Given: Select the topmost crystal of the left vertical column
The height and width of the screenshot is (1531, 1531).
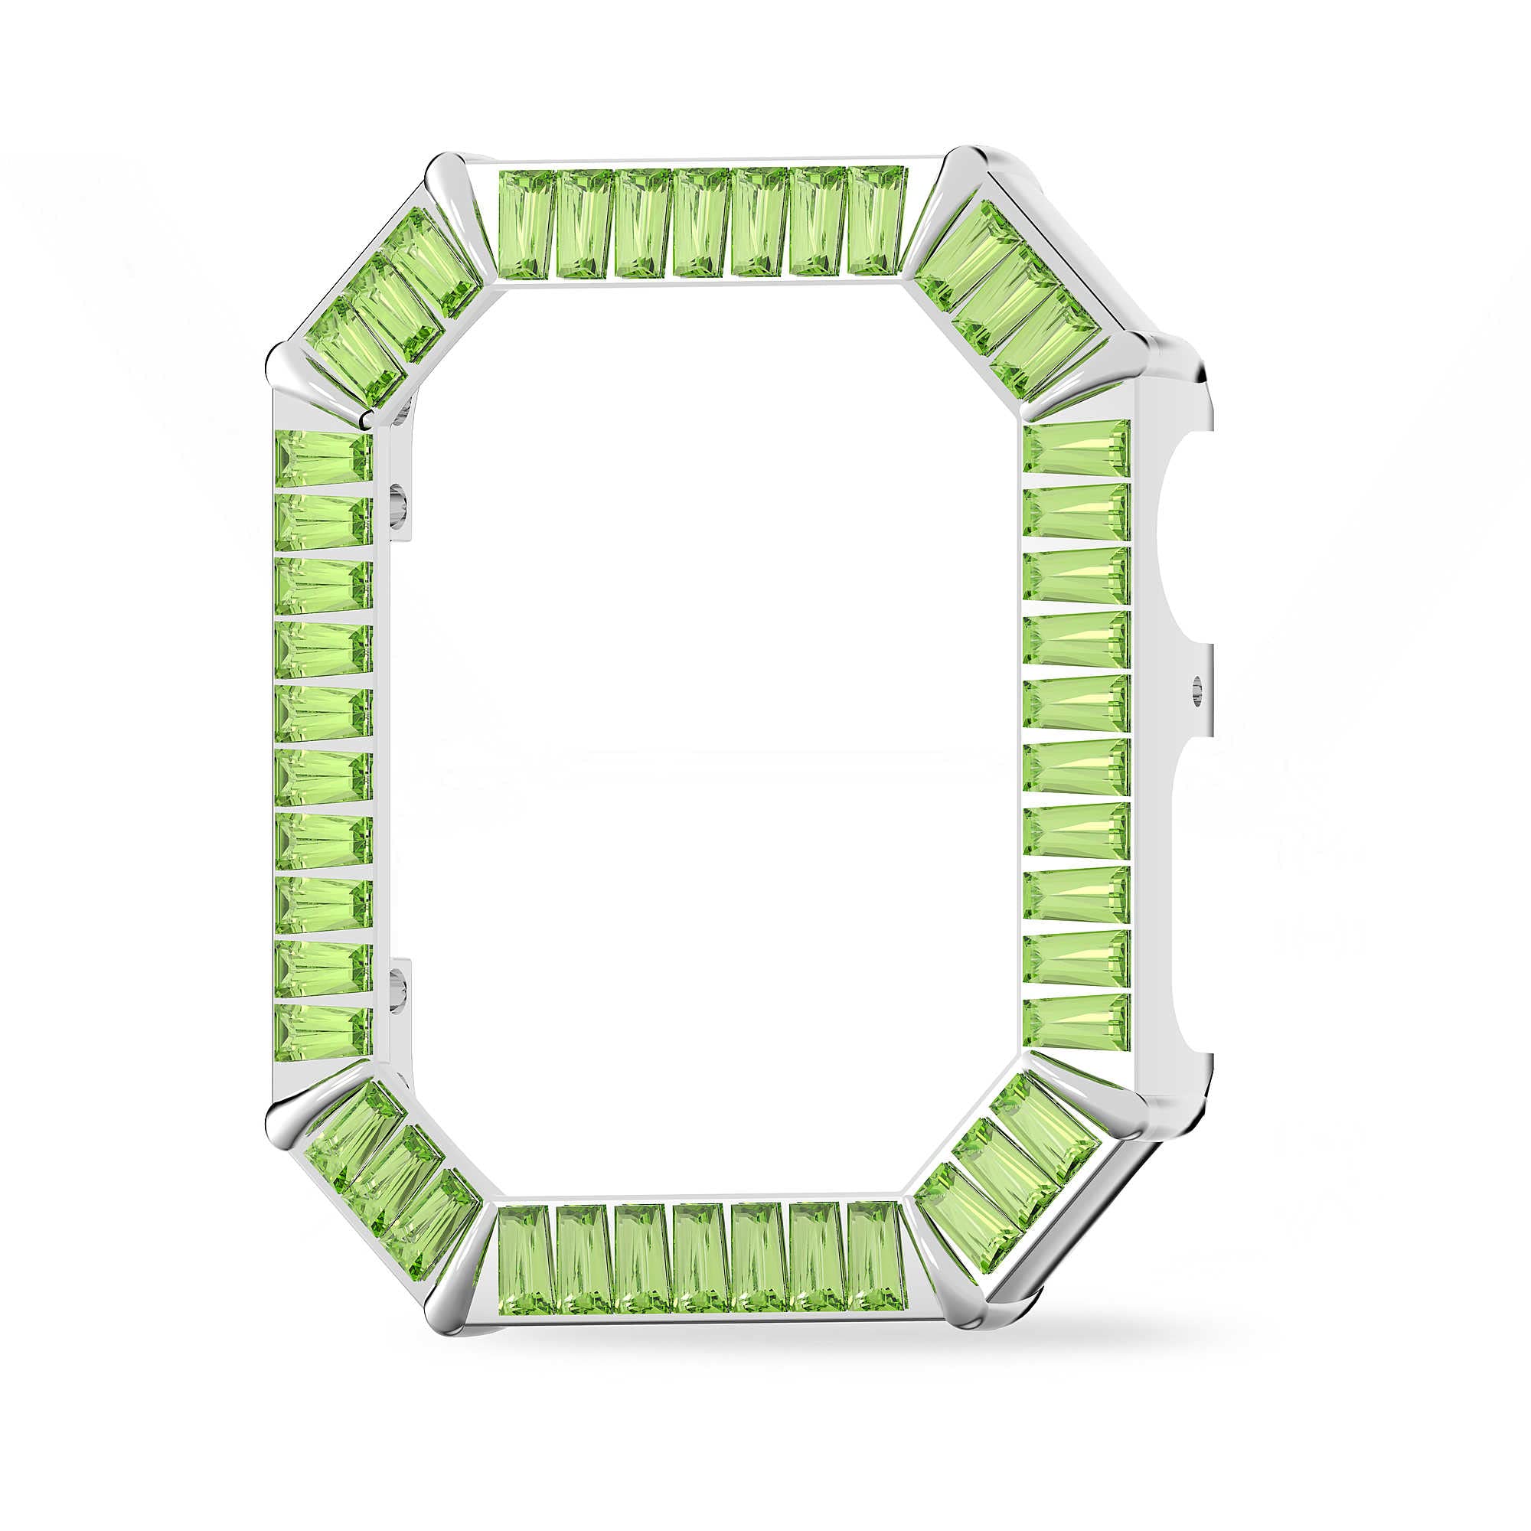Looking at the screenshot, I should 323,458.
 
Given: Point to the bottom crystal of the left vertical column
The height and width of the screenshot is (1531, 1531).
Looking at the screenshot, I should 323,1033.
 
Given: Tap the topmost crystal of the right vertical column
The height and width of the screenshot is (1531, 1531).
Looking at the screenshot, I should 1076,448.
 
